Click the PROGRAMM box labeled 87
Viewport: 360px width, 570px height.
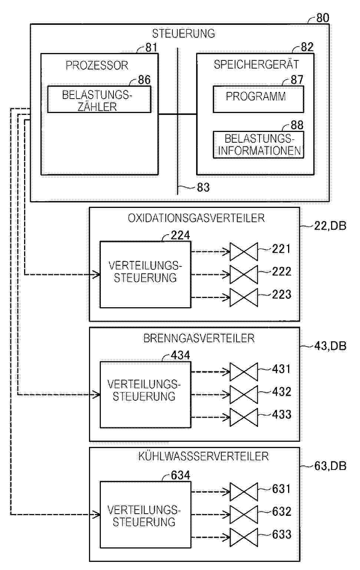tap(258, 99)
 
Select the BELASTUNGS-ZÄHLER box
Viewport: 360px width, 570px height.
tap(99, 99)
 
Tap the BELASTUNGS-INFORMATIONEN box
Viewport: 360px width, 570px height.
tap(258, 145)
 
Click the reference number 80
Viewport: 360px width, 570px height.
tap(323, 18)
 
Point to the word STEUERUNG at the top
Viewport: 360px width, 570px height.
tap(184, 34)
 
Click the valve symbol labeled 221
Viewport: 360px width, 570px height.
tap(244, 252)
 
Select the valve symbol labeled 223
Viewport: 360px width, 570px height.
tap(244, 297)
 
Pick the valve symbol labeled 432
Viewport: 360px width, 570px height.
tap(244, 394)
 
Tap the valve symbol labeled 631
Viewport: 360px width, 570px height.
tap(244, 492)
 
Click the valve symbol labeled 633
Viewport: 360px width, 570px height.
tap(244, 537)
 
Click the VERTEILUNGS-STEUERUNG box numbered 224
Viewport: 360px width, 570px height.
tap(145, 275)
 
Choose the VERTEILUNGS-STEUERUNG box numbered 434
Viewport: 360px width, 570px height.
tap(145, 395)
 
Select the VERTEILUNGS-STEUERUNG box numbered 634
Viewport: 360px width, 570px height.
tap(145, 514)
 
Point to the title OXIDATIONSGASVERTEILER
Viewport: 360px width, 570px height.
tap(196, 218)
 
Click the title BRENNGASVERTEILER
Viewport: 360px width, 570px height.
tap(199, 338)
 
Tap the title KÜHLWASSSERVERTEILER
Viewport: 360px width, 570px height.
tap(204, 456)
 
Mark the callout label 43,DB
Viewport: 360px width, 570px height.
tap(330, 346)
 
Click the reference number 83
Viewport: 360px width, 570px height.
tap(203, 188)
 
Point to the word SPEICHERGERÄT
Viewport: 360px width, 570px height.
tap(257, 64)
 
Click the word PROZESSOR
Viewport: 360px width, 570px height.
tap(97, 65)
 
